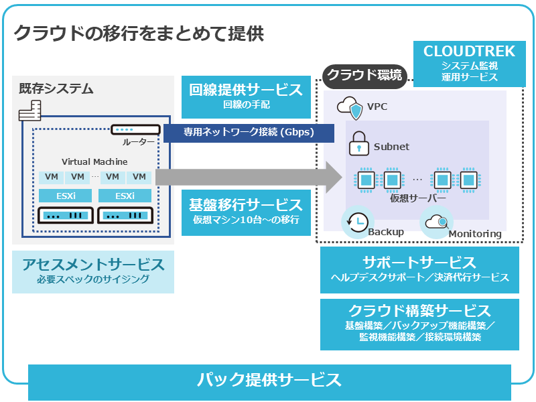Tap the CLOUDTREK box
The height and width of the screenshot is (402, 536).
469,63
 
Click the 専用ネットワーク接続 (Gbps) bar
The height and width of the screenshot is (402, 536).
249,133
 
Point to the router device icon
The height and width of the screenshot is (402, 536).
135,129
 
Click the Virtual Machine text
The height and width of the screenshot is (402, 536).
94,162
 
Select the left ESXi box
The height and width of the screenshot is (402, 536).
66,196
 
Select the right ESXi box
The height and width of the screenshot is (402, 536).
125,196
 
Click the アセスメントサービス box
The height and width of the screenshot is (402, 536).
93,271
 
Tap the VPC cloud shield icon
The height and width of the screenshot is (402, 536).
350,107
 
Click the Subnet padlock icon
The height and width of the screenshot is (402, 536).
359,145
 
